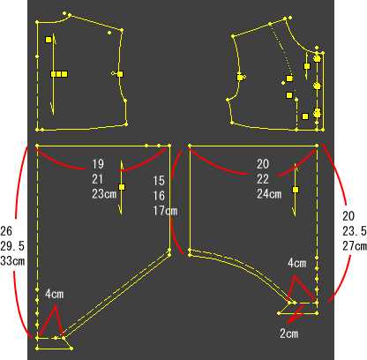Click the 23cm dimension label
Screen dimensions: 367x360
coord(104,194)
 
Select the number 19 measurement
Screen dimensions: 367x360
coord(98,164)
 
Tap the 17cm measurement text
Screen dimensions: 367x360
coord(165,211)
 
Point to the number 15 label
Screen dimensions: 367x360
coord(159,181)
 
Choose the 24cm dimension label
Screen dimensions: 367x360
coord(269,194)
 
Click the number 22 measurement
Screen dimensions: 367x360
coord(263,179)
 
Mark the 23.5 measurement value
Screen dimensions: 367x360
coord(355,231)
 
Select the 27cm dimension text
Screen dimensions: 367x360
coord(355,246)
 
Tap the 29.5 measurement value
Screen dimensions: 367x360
coord(12,246)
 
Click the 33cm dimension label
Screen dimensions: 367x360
coord(12,261)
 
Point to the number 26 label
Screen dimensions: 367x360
coord(6,231)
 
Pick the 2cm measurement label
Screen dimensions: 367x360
coord(289,334)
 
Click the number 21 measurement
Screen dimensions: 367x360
coord(98,179)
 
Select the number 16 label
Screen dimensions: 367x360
coord(159,196)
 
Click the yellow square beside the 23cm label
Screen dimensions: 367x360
coord(122,187)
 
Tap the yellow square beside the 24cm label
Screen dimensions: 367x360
coord(296,190)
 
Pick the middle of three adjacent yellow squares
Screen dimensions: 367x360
coord(59,74)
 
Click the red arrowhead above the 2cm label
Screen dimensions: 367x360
coord(295,315)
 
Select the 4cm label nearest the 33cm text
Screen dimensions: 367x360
coord(55,294)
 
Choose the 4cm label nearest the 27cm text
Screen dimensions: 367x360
coord(297,263)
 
